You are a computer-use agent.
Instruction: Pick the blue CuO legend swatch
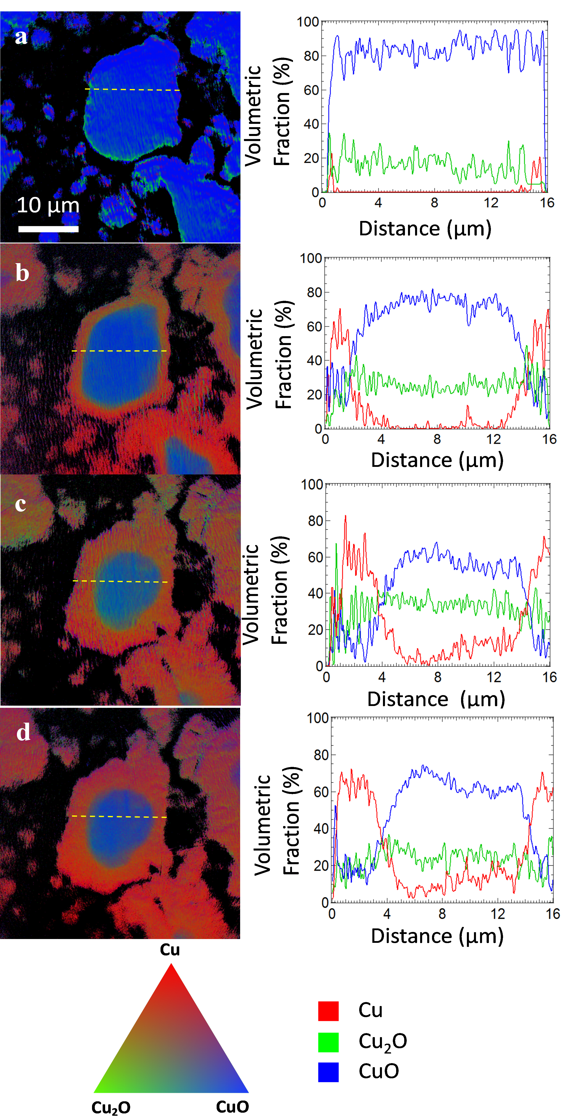(x=328, y=1072)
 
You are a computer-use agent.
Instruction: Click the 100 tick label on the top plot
(x=308, y=22)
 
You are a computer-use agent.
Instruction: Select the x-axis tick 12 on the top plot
(x=491, y=203)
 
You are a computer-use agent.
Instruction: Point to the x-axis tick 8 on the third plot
(x=438, y=677)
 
